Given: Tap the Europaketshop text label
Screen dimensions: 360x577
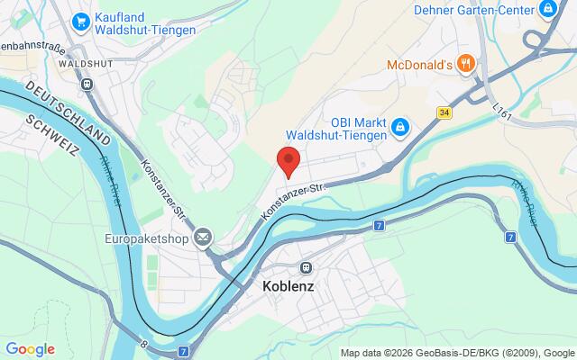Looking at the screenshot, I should pyautogui.click(x=143, y=238).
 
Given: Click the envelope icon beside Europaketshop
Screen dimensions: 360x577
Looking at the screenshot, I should pyautogui.click(x=204, y=238).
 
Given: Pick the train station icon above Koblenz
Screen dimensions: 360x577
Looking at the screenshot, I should pyautogui.click(x=306, y=267).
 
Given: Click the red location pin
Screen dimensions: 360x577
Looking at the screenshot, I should pyautogui.click(x=288, y=162).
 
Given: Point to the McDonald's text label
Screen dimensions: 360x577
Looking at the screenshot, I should pyautogui.click(x=417, y=65).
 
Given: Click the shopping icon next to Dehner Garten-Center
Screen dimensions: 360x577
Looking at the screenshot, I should pyautogui.click(x=548, y=10).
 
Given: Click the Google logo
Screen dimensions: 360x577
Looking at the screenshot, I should pyautogui.click(x=30, y=349).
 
